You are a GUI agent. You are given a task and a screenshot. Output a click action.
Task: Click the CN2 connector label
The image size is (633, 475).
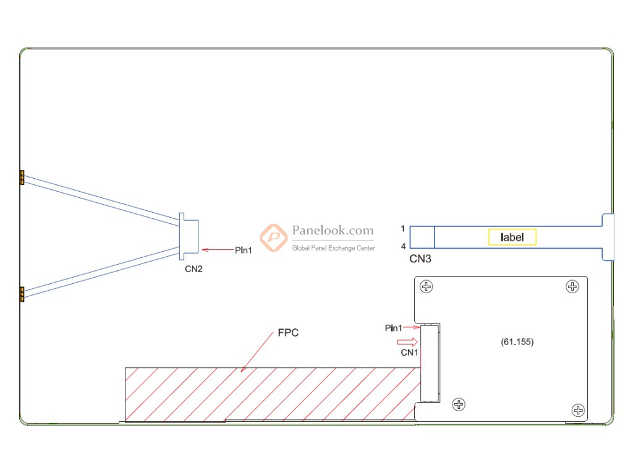click(193, 269)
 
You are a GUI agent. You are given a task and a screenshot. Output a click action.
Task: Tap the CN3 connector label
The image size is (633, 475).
click(420, 259)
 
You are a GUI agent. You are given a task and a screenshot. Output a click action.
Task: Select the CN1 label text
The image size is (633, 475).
click(410, 353)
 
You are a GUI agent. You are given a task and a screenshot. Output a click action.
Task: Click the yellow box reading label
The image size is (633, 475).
click(512, 237)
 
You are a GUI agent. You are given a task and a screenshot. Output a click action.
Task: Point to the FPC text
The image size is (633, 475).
click(288, 333)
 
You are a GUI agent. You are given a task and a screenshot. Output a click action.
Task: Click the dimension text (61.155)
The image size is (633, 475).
click(517, 341)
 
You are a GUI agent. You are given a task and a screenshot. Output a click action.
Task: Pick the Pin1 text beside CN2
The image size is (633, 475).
click(244, 250)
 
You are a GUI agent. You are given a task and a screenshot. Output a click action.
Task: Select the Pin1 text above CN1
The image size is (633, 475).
click(394, 328)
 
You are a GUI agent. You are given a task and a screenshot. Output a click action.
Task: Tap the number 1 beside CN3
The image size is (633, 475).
click(402, 228)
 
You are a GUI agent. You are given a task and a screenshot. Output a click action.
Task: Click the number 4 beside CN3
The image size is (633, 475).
click(402, 246)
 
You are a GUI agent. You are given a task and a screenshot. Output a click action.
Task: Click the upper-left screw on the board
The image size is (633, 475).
click(426, 286)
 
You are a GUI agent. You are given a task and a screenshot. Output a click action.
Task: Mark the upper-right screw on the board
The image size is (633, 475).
click(572, 286)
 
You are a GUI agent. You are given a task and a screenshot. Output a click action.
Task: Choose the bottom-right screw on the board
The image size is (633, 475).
click(578, 409)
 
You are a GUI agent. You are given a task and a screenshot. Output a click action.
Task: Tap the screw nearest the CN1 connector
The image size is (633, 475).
click(459, 404)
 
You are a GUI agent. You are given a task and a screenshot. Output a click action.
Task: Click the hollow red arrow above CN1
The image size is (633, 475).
click(407, 341)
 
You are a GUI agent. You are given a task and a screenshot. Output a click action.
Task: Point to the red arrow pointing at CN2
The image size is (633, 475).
click(216, 250)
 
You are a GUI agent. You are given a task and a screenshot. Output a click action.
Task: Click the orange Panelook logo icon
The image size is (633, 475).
click(273, 237)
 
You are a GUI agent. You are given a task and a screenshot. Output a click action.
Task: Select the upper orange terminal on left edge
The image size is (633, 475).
click(22, 178)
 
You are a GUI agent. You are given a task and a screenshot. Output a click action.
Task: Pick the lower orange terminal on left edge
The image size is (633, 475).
click(22, 294)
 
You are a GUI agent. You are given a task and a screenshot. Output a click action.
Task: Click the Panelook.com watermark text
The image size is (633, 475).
click(333, 231)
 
